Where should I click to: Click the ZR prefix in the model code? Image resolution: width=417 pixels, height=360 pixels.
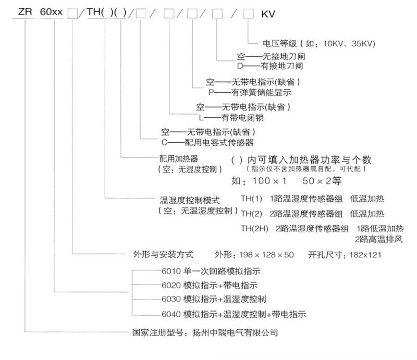pyautogui.click(x=25, y=12)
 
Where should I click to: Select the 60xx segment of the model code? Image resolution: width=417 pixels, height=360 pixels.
pyautogui.click(x=51, y=12)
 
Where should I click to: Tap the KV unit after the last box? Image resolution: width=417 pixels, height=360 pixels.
pyautogui.click(x=268, y=14)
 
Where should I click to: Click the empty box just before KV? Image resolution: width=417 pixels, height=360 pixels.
pyautogui.click(x=249, y=14)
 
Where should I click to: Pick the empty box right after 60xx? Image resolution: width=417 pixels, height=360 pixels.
pyautogui.click(x=72, y=14)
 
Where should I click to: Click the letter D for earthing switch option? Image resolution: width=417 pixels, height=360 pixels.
pyautogui.click(x=240, y=66)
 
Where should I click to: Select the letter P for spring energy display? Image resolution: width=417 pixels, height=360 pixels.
pyautogui.click(x=212, y=92)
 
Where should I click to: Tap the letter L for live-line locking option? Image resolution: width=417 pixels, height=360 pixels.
pyautogui.click(x=201, y=118)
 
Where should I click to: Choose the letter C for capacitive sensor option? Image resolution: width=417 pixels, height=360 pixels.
pyautogui.click(x=164, y=143)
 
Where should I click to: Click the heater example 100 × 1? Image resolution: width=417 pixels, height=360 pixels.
pyautogui.click(x=269, y=181)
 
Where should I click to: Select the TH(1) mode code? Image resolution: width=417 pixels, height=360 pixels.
pyautogui.click(x=251, y=198)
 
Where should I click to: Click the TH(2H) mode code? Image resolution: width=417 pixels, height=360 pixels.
pyautogui.click(x=254, y=228)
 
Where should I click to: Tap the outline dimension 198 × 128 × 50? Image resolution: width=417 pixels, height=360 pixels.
pyautogui.click(x=266, y=255)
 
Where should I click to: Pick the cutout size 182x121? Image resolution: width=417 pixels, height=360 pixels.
pyautogui.click(x=365, y=255)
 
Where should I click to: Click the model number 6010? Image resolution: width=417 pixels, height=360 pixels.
pyautogui.click(x=171, y=271)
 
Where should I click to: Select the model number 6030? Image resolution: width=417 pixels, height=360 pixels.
pyautogui.click(x=171, y=299)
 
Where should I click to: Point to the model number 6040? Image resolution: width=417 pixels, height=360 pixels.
pyautogui.click(x=171, y=314)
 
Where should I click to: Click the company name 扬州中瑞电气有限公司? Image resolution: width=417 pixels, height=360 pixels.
pyautogui.click(x=235, y=332)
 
